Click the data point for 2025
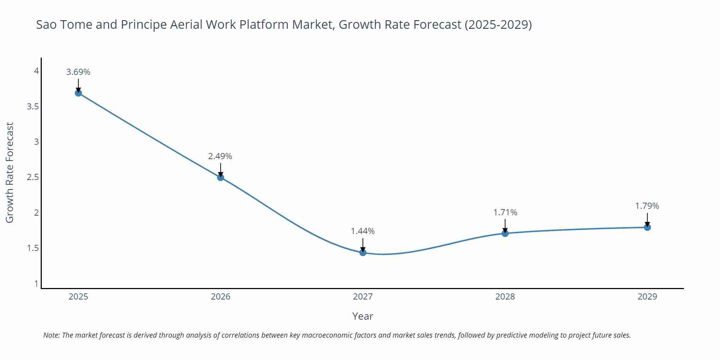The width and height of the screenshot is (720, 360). coord(78,93)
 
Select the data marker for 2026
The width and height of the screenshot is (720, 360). coord(221,177)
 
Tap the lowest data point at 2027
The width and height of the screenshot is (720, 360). coord(363,252)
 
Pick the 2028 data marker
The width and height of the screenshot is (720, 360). coord(505,233)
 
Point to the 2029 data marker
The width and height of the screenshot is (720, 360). coord(647,227)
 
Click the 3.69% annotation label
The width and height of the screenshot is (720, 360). coord(78,72)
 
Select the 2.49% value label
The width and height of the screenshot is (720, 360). coord(220,156)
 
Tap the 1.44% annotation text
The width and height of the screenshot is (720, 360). coord(363,231)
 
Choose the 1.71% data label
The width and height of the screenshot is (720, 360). coord(505,212)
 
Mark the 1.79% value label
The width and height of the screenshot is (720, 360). coord(647,206)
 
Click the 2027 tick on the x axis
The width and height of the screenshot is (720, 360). coord(363,297)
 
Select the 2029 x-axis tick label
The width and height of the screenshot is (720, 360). coord(647,297)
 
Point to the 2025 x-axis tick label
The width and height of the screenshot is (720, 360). coord(78,297)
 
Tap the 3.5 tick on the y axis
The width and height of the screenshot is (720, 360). coord(33,107)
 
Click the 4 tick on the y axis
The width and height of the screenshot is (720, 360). coord(36,71)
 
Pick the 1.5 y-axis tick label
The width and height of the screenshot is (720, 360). coord(33,248)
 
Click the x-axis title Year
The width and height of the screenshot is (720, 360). coord(363,316)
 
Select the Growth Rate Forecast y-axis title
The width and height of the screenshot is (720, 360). coord(10,172)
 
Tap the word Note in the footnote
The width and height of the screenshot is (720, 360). coord(51,335)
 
